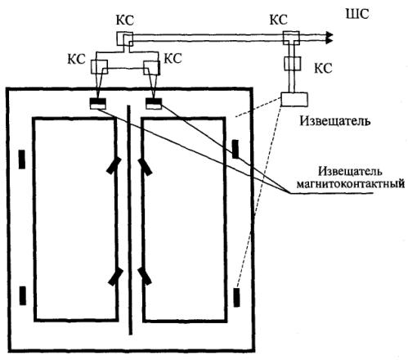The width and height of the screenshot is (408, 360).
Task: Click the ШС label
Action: coord(357,14)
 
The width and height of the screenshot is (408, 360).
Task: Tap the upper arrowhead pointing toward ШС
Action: coord(330,35)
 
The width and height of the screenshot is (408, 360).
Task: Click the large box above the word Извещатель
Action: coord(294,99)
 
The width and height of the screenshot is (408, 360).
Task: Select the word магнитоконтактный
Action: coord(351,183)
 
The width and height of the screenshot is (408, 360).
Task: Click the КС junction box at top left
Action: coord(124,38)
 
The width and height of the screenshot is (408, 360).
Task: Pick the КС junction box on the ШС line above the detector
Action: coord(291,38)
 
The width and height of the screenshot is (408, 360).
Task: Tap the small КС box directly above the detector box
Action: coord(292,63)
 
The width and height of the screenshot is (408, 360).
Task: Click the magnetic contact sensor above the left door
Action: coord(97,103)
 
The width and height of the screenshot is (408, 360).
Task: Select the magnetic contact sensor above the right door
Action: coord(154,103)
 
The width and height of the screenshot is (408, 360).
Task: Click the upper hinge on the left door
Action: coord(114,165)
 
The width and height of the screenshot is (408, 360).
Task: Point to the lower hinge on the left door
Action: coord(115,277)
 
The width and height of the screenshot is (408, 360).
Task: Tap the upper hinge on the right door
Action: coord(145,167)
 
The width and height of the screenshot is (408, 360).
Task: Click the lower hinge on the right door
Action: coord(145,277)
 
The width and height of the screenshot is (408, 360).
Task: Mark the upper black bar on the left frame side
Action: coord(22,159)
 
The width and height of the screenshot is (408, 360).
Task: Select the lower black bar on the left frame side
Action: coord(23,295)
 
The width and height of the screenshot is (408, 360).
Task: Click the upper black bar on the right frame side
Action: coord(235,149)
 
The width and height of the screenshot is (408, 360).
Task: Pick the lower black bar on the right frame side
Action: coord(236,297)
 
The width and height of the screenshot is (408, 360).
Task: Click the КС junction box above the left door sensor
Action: coord(99,67)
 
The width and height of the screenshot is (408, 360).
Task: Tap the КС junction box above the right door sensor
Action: coord(152,68)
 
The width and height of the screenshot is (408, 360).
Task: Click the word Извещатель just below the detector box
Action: coord(335,121)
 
